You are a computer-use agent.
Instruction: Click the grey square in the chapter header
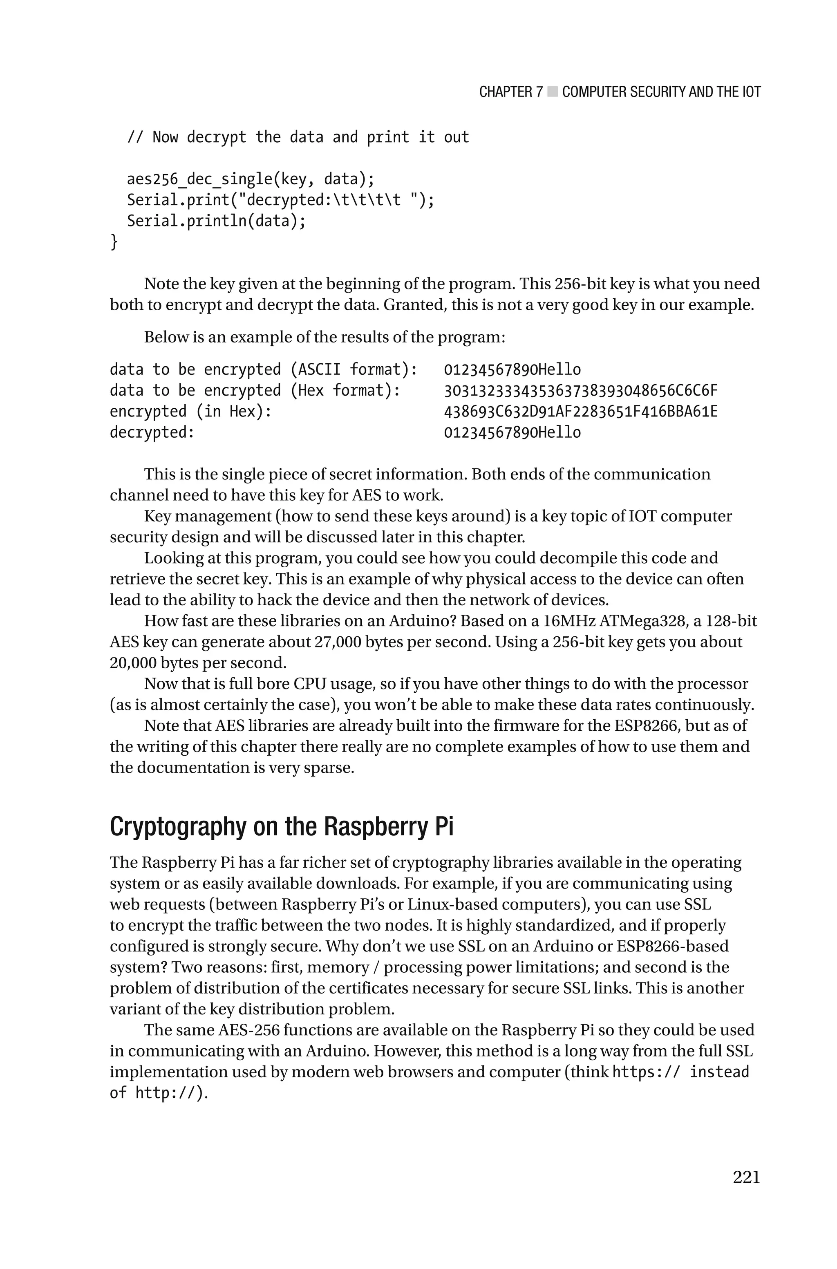pos(553,92)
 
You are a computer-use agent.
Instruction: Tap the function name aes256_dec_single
pos(199,179)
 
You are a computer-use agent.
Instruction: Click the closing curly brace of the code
pos(114,242)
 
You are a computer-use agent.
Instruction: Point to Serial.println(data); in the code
pos(216,220)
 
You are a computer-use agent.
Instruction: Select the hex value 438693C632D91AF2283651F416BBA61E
pos(580,412)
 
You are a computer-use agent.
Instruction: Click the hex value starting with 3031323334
pos(580,391)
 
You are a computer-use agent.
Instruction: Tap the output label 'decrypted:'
pos(152,432)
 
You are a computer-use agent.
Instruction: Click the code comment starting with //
pos(298,137)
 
